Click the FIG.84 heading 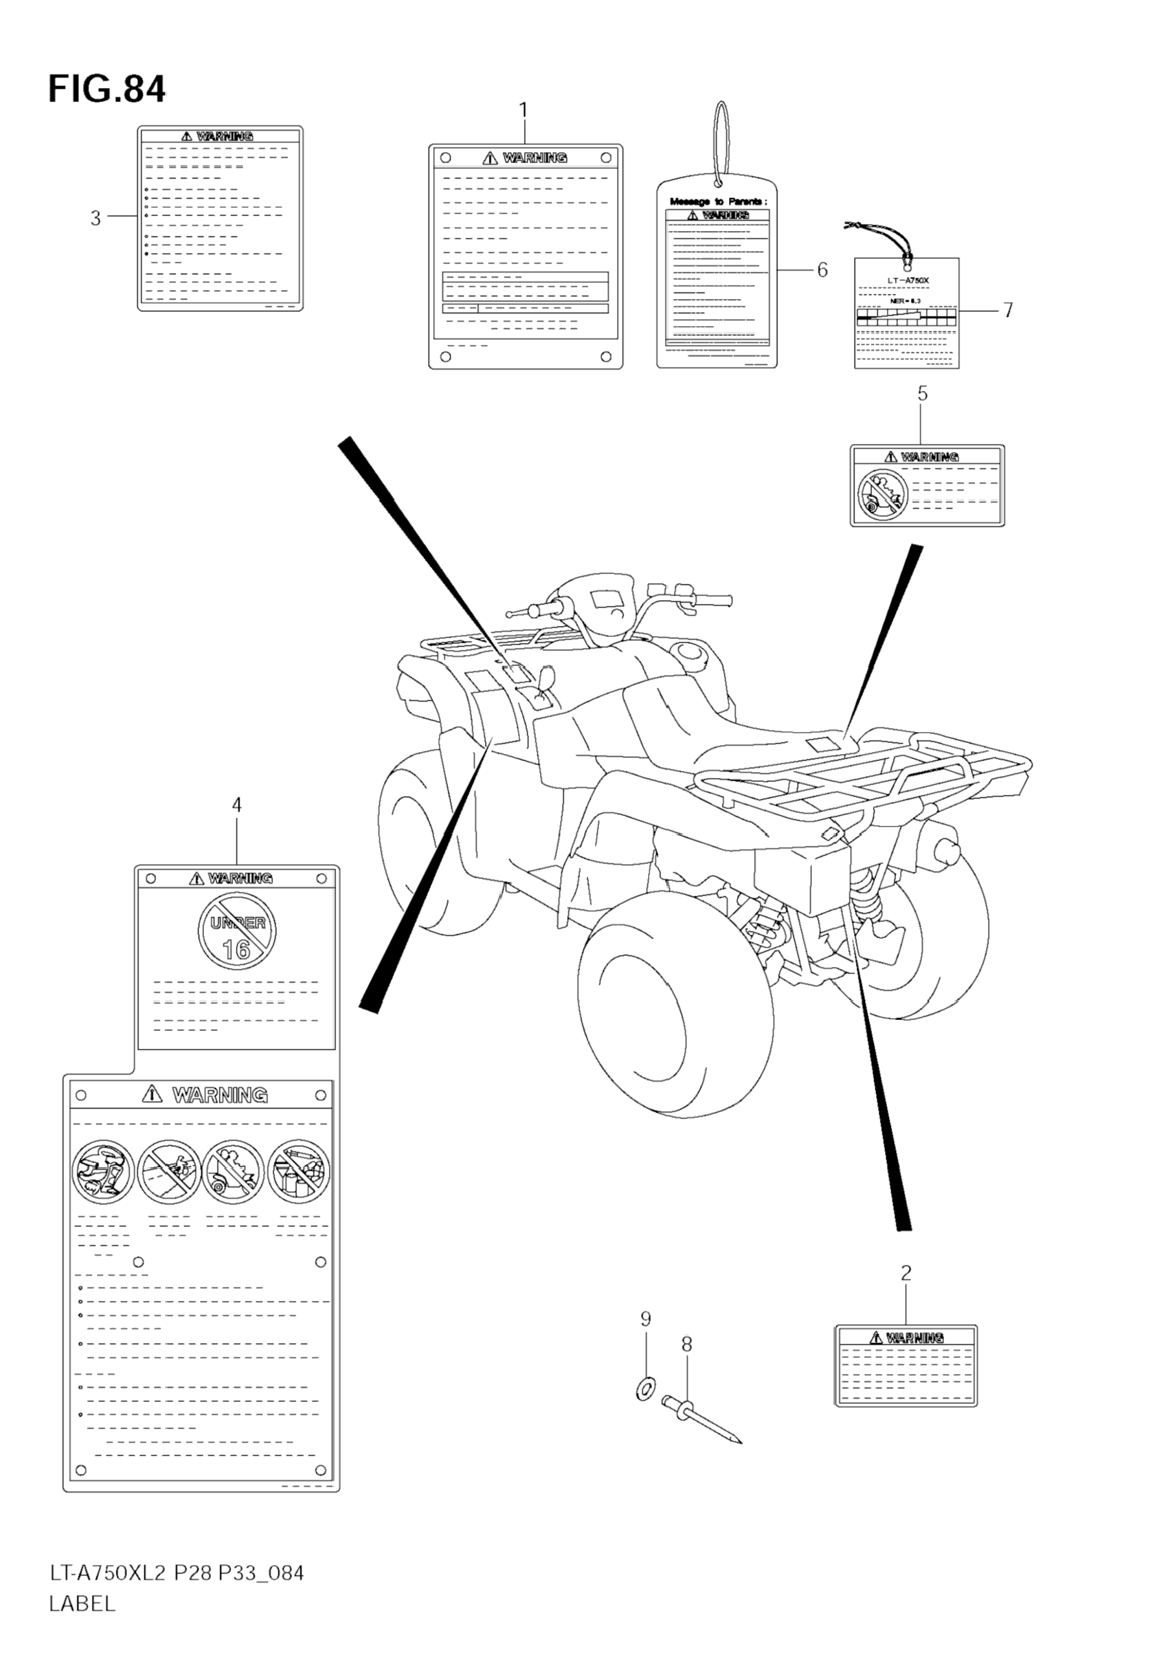pos(107,90)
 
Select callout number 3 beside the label pos(95,217)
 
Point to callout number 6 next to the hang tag pos(822,271)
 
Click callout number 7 pos(1008,310)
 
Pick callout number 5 pos(922,394)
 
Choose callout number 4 pos(236,805)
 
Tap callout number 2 pos(906,1273)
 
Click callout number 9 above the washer pos(646,1319)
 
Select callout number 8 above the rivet pos(686,1344)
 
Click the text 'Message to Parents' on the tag pos(718,202)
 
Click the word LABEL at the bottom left pos(82,1624)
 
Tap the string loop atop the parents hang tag pos(720,140)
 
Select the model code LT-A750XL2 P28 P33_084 pos(177,1593)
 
